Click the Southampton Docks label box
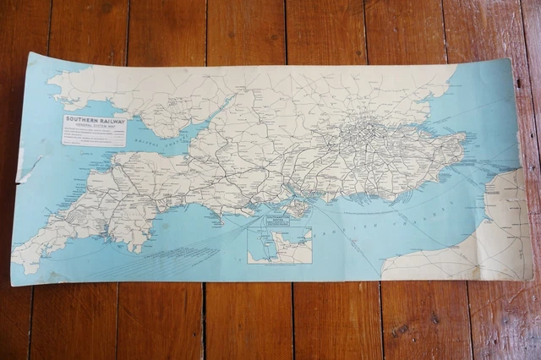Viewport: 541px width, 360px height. [277, 220]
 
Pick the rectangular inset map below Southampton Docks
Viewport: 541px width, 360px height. [279, 245]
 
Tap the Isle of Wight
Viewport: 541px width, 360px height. [298, 206]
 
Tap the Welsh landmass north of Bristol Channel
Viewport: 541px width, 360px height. [127, 93]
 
